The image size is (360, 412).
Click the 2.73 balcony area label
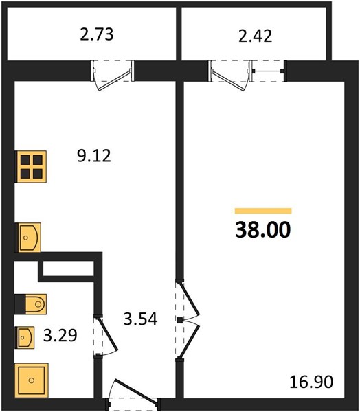(x=97, y=35)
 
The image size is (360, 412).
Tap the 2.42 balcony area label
(x=255, y=36)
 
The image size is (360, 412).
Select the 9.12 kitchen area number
(x=94, y=156)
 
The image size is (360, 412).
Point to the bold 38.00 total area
(x=263, y=229)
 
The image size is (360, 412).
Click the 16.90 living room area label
(x=311, y=382)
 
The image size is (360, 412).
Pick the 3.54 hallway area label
(x=140, y=319)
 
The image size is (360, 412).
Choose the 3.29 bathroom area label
(x=60, y=335)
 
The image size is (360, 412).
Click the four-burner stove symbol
(x=31, y=167)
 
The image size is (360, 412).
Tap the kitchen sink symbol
(x=28, y=238)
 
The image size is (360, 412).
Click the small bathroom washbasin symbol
(x=25, y=337)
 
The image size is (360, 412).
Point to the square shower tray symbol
(x=32, y=380)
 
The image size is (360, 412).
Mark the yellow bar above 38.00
(x=263, y=211)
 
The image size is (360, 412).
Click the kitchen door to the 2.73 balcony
(x=113, y=76)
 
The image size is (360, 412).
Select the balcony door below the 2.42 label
(x=230, y=76)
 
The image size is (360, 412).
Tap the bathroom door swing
(x=106, y=335)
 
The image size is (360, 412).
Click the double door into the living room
(x=188, y=321)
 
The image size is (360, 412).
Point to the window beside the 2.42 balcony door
(x=268, y=71)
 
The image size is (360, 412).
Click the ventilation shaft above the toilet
(x=69, y=268)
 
